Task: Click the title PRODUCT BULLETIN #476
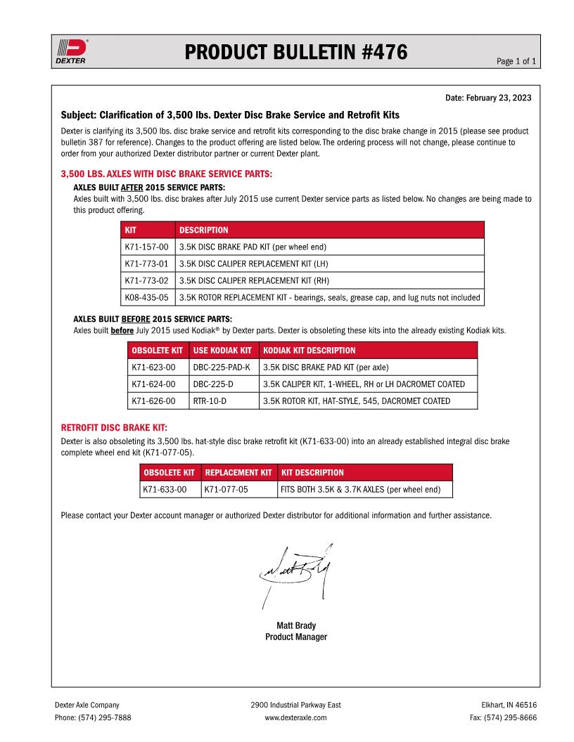click(296, 51)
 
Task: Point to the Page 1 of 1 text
click(516, 61)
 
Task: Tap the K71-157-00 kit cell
click(146, 247)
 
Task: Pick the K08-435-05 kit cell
click(146, 297)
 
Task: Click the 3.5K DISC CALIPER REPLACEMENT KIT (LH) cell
click(254, 263)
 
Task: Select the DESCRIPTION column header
click(204, 230)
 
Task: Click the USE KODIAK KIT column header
click(222, 350)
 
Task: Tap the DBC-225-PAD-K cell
click(221, 367)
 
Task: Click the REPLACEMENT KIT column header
click(238, 472)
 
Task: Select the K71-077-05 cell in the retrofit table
click(227, 489)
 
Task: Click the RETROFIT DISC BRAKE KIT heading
click(114, 427)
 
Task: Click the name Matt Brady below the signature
click(296, 625)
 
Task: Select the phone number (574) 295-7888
click(93, 717)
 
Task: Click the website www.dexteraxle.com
click(295, 717)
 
